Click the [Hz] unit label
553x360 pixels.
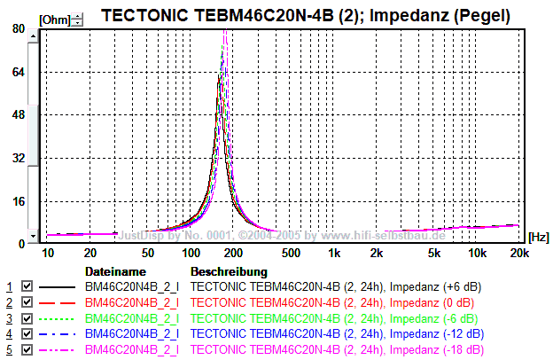(x=537, y=237)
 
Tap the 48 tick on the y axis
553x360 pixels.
(x=18, y=114)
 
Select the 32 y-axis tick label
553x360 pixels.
(x=18, y=158)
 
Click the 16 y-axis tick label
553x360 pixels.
(x=18, y=200)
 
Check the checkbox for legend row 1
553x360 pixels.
(x=27, y=287)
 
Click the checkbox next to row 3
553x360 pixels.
(x=27, y=318)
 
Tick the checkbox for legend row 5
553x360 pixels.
(x=27, y=349)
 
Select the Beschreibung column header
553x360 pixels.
(x=229, y=271)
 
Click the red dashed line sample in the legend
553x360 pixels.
(x=58, y=302)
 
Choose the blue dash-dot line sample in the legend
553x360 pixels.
(x=58, y=333)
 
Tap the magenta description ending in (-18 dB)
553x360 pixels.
(x=338, y=349)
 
